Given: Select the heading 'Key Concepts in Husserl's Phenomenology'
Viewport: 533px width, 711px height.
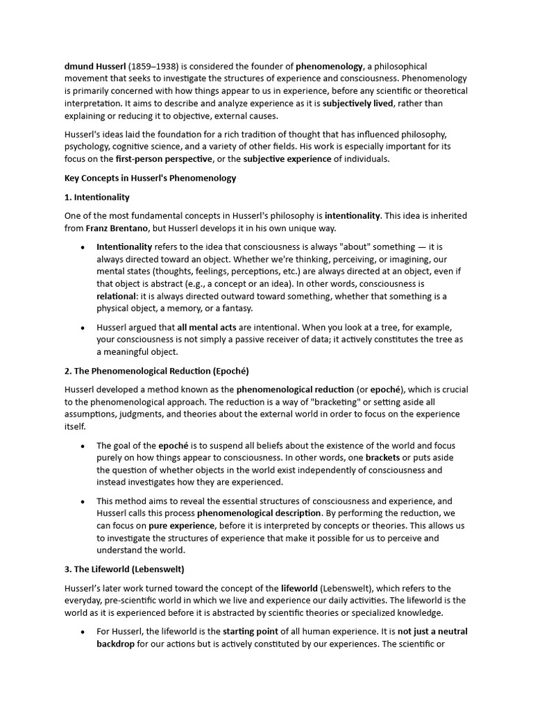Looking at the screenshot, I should click(x=150, y=178).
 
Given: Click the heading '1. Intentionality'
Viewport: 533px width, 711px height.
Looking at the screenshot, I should click(x=97, y=197).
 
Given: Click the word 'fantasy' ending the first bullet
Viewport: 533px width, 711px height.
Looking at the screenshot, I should click(x=234, y=309).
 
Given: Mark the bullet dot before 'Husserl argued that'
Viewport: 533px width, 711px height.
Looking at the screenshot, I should click(x=83, y=328).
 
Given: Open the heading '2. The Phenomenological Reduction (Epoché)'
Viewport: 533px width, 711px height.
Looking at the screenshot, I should click(x=156, y=371).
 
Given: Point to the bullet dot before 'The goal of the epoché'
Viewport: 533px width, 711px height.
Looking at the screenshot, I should click(x=83, y=446).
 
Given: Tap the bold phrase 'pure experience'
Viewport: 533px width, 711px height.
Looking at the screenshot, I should click(x=181, y=526).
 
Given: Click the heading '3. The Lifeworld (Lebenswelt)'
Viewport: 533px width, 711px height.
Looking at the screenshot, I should click(x=124, y=569).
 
